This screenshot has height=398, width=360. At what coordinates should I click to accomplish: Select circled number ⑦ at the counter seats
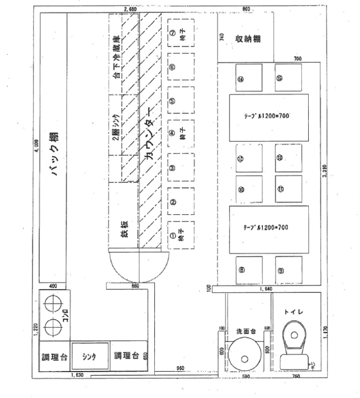172,33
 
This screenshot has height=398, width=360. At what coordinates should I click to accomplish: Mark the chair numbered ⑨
281,270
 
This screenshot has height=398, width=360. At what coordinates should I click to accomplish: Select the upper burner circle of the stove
52,303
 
